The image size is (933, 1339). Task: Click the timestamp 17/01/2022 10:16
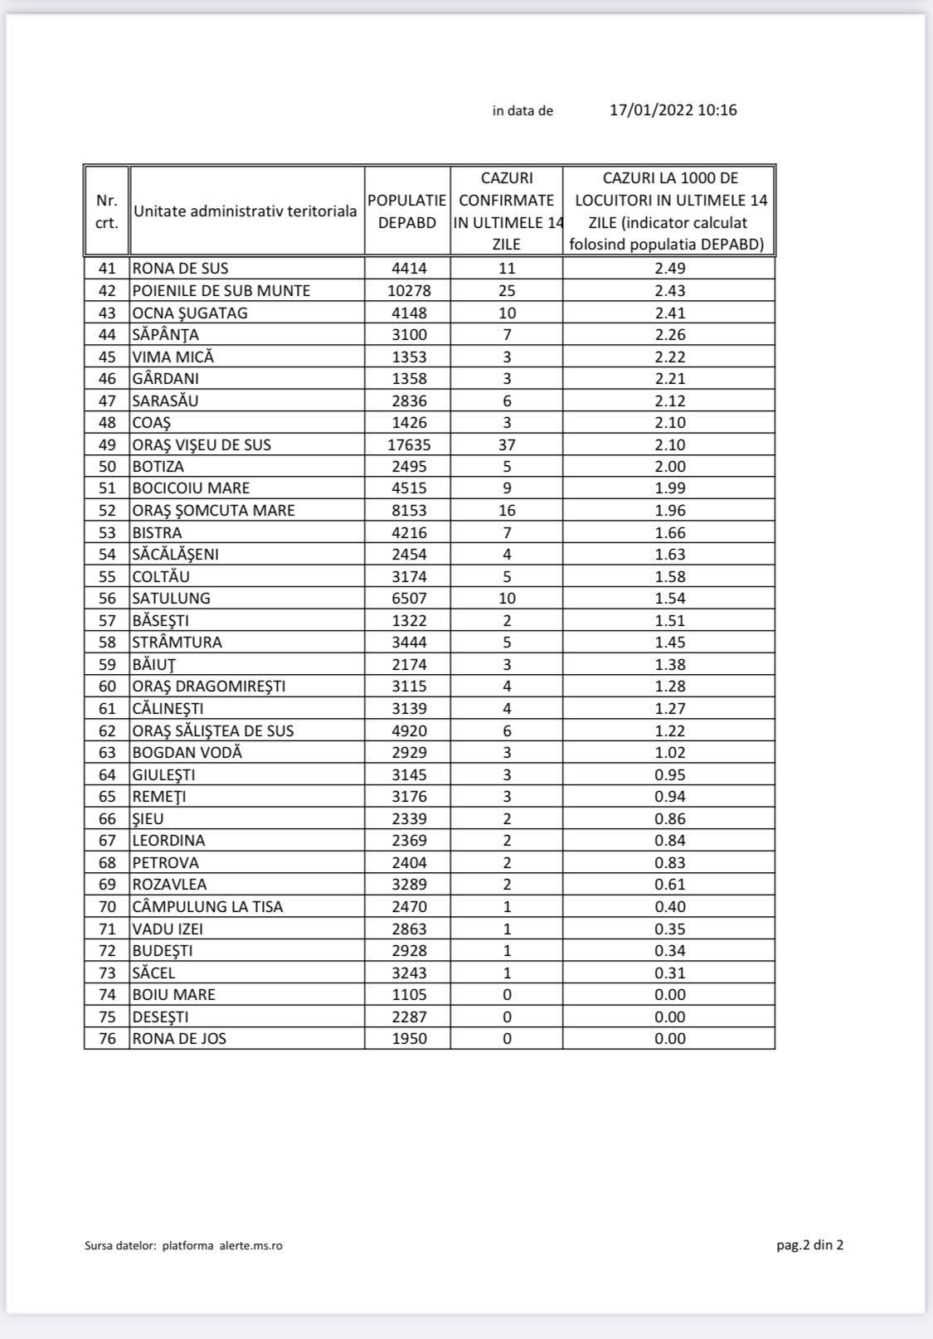point(673,110)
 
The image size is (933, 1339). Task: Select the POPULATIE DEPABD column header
point(407,211)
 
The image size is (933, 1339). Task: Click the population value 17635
point(409,445)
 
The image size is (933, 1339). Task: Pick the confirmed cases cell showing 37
point(507,445)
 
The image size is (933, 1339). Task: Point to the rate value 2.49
point(669,269)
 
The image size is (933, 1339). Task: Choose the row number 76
point(108,1039)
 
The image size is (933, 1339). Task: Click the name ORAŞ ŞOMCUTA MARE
point(214,511)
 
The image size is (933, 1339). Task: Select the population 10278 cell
point(409,291)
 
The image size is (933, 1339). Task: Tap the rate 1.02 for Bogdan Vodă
point(669,753)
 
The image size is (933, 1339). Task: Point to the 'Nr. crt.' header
point(107,211)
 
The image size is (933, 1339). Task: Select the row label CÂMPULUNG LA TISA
point(208,907)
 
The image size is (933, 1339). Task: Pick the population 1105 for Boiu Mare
point(409,995)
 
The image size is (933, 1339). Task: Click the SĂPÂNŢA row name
point(166,335)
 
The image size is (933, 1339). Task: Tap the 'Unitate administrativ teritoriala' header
point(245,211)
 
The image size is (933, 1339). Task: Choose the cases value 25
point(507,291)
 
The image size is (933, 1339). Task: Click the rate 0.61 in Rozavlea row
point(669,885)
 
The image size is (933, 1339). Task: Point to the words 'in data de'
point(522,111)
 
